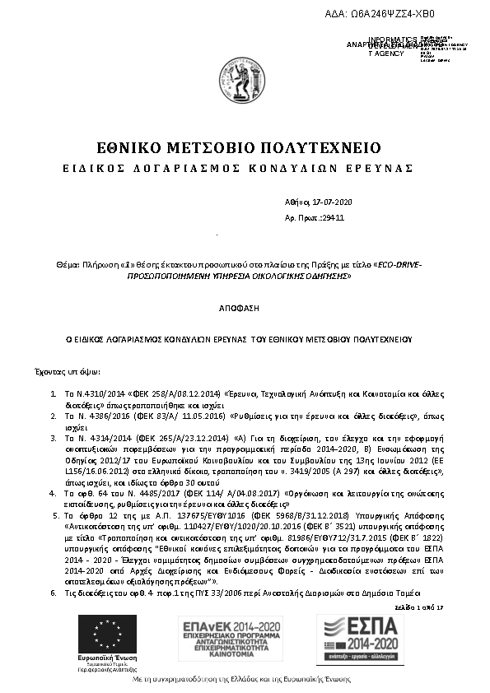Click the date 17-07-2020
pos(333,202)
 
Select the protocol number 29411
pos(334,219)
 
